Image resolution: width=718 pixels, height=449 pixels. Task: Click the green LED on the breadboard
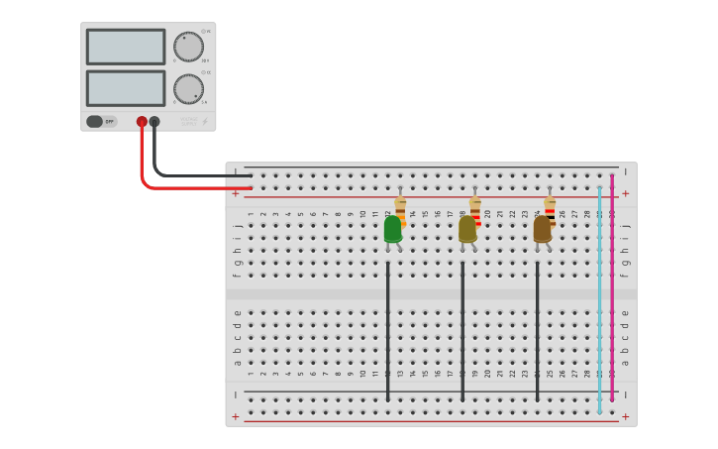click(x=393, y=229)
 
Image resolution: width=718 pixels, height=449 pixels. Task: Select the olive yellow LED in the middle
click(x=467, y=229)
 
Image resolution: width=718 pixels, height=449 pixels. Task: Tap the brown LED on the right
click(x=542, y=229)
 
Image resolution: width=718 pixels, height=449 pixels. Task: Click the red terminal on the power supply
click(x=142, y=122)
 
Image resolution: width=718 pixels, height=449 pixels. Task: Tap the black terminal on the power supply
click(x=154, y=122)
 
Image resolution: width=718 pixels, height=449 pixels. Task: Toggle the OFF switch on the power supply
click(x=100, y=122)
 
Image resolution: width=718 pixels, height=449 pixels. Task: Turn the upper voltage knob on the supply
click(x=188, y=47)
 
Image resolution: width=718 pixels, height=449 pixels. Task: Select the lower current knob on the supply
click(x=188, y=89)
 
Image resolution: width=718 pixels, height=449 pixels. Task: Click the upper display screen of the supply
click(x=126, y=47)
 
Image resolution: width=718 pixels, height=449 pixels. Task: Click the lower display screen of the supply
click(x=126, y=88)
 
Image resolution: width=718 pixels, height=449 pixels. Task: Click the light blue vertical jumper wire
click(x=599, y=297)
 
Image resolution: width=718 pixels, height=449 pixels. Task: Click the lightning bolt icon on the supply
click(x=205, y=122)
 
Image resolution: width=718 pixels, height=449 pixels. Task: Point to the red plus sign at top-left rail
click(x=235, y=194)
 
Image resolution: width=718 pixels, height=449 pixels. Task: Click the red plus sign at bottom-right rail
click(x=625, y=417)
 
